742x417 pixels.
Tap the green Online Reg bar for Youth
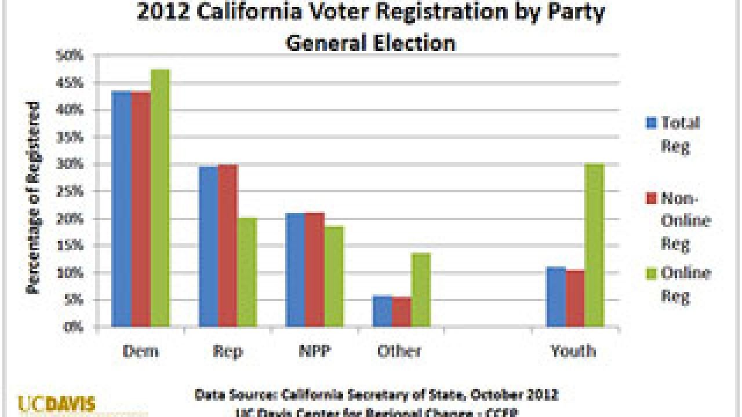594,246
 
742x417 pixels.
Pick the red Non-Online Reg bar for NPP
315,270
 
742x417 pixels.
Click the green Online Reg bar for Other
421,290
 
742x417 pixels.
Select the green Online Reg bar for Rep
247,272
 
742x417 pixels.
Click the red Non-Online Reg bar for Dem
141,209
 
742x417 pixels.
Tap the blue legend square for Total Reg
651,123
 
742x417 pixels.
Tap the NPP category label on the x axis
315,351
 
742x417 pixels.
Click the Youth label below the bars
573,351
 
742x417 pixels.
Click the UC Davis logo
57,404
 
